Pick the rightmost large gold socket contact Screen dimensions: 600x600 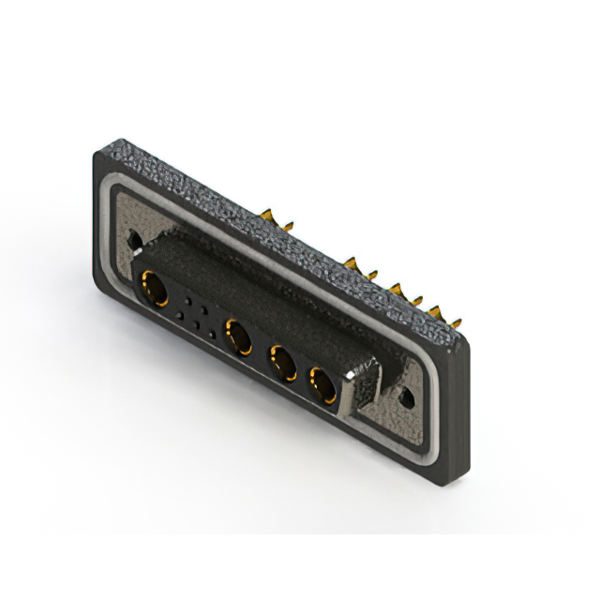point(322,384)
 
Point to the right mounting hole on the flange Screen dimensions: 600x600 point(406,397)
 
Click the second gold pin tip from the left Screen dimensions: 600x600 point(288,225)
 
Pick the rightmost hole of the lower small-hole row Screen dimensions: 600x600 point(212,333)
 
